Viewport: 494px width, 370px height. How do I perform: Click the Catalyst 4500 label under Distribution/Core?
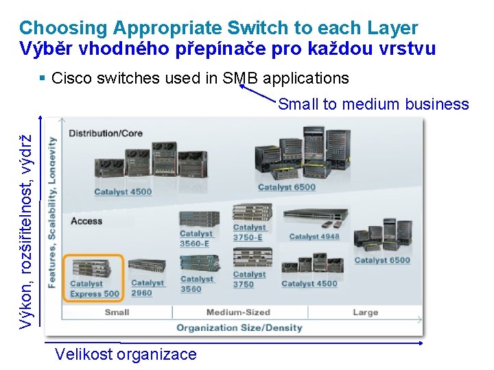pos(123,192)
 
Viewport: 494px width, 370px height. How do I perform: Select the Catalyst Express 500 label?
pos(95,289)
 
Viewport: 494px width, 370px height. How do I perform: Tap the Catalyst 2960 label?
pos(148,288)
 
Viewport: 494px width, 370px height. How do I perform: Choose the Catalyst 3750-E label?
pos(249,232)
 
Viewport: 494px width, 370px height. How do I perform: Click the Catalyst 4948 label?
pos(314,236)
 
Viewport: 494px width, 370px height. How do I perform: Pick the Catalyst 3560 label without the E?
pos(197,284)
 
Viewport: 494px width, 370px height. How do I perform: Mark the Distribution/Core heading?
pos(106,133)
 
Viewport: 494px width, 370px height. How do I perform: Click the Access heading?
pos(86,221)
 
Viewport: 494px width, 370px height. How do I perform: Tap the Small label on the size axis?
pos(117,312)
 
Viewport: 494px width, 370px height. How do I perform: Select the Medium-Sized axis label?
pos(238,312)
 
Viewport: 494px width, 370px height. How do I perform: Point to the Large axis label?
pos(365,312)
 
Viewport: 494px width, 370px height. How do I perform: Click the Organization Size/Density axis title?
pos(239,328)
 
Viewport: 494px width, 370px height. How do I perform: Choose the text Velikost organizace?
pos(126,354)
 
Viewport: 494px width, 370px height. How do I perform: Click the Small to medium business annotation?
pos(373,104)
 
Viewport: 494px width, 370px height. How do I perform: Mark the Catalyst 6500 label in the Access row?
pos(382,260)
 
